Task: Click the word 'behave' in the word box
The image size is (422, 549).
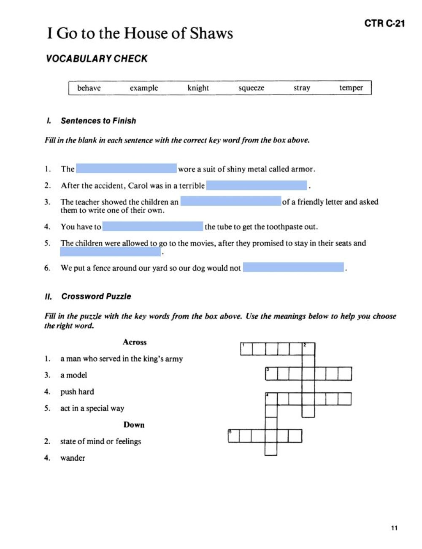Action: point(89,88)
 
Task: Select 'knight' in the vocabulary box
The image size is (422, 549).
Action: point(198,88)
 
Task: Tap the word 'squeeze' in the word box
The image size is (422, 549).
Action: point(251,88)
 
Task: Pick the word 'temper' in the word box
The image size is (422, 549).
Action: point(351,88)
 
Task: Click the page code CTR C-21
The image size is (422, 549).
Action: point(384,24)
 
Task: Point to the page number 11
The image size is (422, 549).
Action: point(394,528)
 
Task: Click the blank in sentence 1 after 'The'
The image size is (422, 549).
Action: point(126,169)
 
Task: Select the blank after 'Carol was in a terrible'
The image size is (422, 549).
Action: point(257,185)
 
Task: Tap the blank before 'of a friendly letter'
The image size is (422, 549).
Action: point(230,201)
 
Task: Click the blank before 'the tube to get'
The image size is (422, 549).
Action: point(152,226)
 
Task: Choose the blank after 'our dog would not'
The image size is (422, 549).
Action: point(293,267)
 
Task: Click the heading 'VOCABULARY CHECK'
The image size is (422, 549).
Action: point(97,59)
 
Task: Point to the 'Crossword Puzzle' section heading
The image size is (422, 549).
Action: point(96,296)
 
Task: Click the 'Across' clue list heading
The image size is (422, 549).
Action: point(135,342)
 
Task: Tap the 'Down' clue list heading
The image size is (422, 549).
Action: point(134,424)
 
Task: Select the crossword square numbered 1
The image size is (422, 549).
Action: point(246,349)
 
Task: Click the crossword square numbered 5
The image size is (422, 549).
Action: point(233,436)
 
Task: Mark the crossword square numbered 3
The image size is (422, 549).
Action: point(271,374)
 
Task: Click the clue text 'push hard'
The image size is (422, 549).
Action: point(77,391)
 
